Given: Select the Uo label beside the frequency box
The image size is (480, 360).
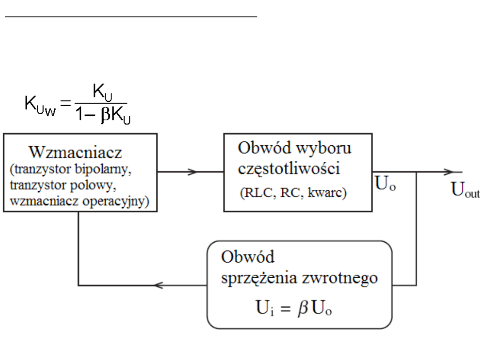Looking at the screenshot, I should click(385, 184).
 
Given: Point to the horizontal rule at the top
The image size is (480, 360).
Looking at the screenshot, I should click(131, 17).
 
